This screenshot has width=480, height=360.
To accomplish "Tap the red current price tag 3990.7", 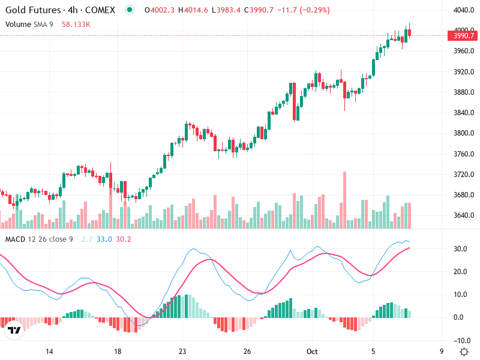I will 464,36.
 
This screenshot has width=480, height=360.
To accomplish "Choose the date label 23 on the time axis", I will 183,351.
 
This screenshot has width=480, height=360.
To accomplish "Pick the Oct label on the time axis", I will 311,351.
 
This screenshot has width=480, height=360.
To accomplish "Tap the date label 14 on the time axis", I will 49,351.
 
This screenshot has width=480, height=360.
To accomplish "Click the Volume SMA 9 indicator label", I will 28,24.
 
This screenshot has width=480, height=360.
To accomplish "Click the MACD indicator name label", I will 16,239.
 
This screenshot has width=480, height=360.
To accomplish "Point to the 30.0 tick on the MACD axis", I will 461,249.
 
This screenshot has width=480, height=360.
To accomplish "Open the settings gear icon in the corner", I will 464,351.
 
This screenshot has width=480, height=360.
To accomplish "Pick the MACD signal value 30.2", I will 123,239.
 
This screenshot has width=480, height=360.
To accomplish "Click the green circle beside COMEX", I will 130,10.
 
